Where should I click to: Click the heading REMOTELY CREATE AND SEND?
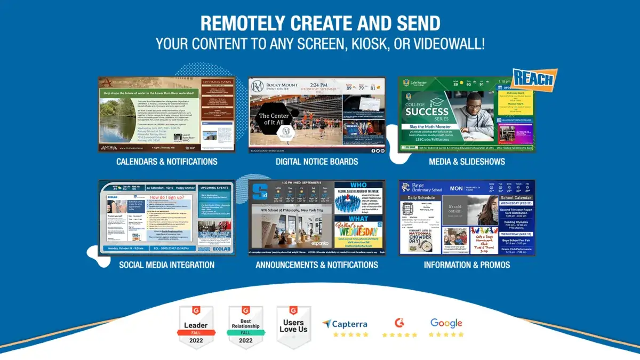coord(320,23)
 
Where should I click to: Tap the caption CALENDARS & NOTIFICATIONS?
coord(167,161)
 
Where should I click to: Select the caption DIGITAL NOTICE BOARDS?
coord(317,161)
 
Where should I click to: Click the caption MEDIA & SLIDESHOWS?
coord(467,161)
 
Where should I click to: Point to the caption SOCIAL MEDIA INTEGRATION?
coord(167,265)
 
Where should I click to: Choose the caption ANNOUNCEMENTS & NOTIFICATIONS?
coord(317,265)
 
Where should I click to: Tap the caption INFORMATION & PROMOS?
coord(467,265)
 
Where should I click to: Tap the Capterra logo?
coord(345,324)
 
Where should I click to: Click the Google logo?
coord(446,323)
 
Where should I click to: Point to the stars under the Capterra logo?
coord(350,335)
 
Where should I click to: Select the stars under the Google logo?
coord(446,335)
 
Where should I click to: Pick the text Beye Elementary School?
coord(426,187)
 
